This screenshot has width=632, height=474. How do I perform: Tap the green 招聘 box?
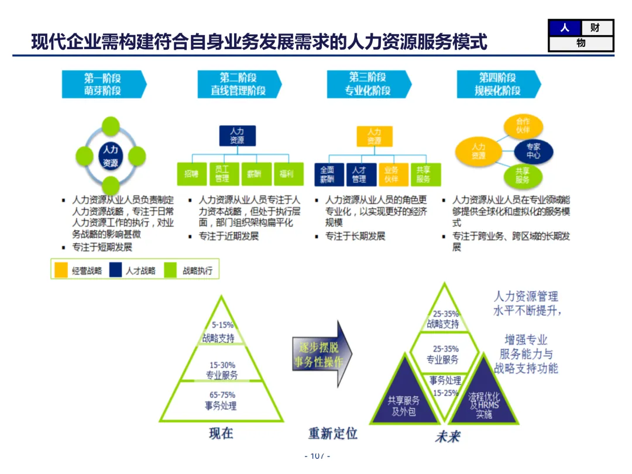tap(191, 174)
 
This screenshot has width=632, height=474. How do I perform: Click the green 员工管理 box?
tap(222, 174)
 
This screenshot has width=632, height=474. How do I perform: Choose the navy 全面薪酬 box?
tap(328, 174)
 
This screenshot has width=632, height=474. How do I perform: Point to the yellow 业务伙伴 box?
tap(391, 174)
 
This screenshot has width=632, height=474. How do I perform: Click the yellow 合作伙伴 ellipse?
tap(523, 126)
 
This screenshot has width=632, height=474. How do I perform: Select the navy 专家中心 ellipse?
tap(533, 151)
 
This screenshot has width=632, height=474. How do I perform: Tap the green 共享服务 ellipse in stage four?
tap(523, 176)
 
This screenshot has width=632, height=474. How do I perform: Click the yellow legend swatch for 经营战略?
tap(61, 270)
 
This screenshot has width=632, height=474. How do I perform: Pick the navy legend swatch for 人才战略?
tap(115, 270)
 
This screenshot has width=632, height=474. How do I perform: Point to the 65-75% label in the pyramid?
tap(222, 395)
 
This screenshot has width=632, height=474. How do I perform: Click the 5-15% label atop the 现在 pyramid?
tap(222, 324)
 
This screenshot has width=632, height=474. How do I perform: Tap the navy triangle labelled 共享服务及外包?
tap(404, 401)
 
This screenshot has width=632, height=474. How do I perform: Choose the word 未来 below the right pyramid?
tap(447, 437)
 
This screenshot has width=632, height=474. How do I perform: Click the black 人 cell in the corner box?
tap(565, 28)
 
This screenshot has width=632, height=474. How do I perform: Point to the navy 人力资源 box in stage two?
tap(237, 136)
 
